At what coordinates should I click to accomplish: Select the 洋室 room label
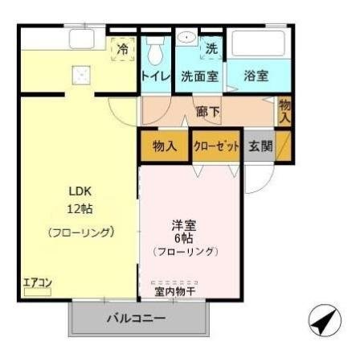pos(185,224)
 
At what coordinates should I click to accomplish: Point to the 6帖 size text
pos(186,238)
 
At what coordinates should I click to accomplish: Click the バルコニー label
pos(137,318)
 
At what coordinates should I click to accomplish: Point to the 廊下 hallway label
pos(207,112)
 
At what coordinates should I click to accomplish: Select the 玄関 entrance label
pos(260,146)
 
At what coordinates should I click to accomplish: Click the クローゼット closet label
pos(217,146)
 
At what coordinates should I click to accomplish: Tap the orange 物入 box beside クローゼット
pos(165,146)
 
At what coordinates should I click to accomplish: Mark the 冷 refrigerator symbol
pos(123,50)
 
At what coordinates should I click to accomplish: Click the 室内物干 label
pos(175,290)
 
